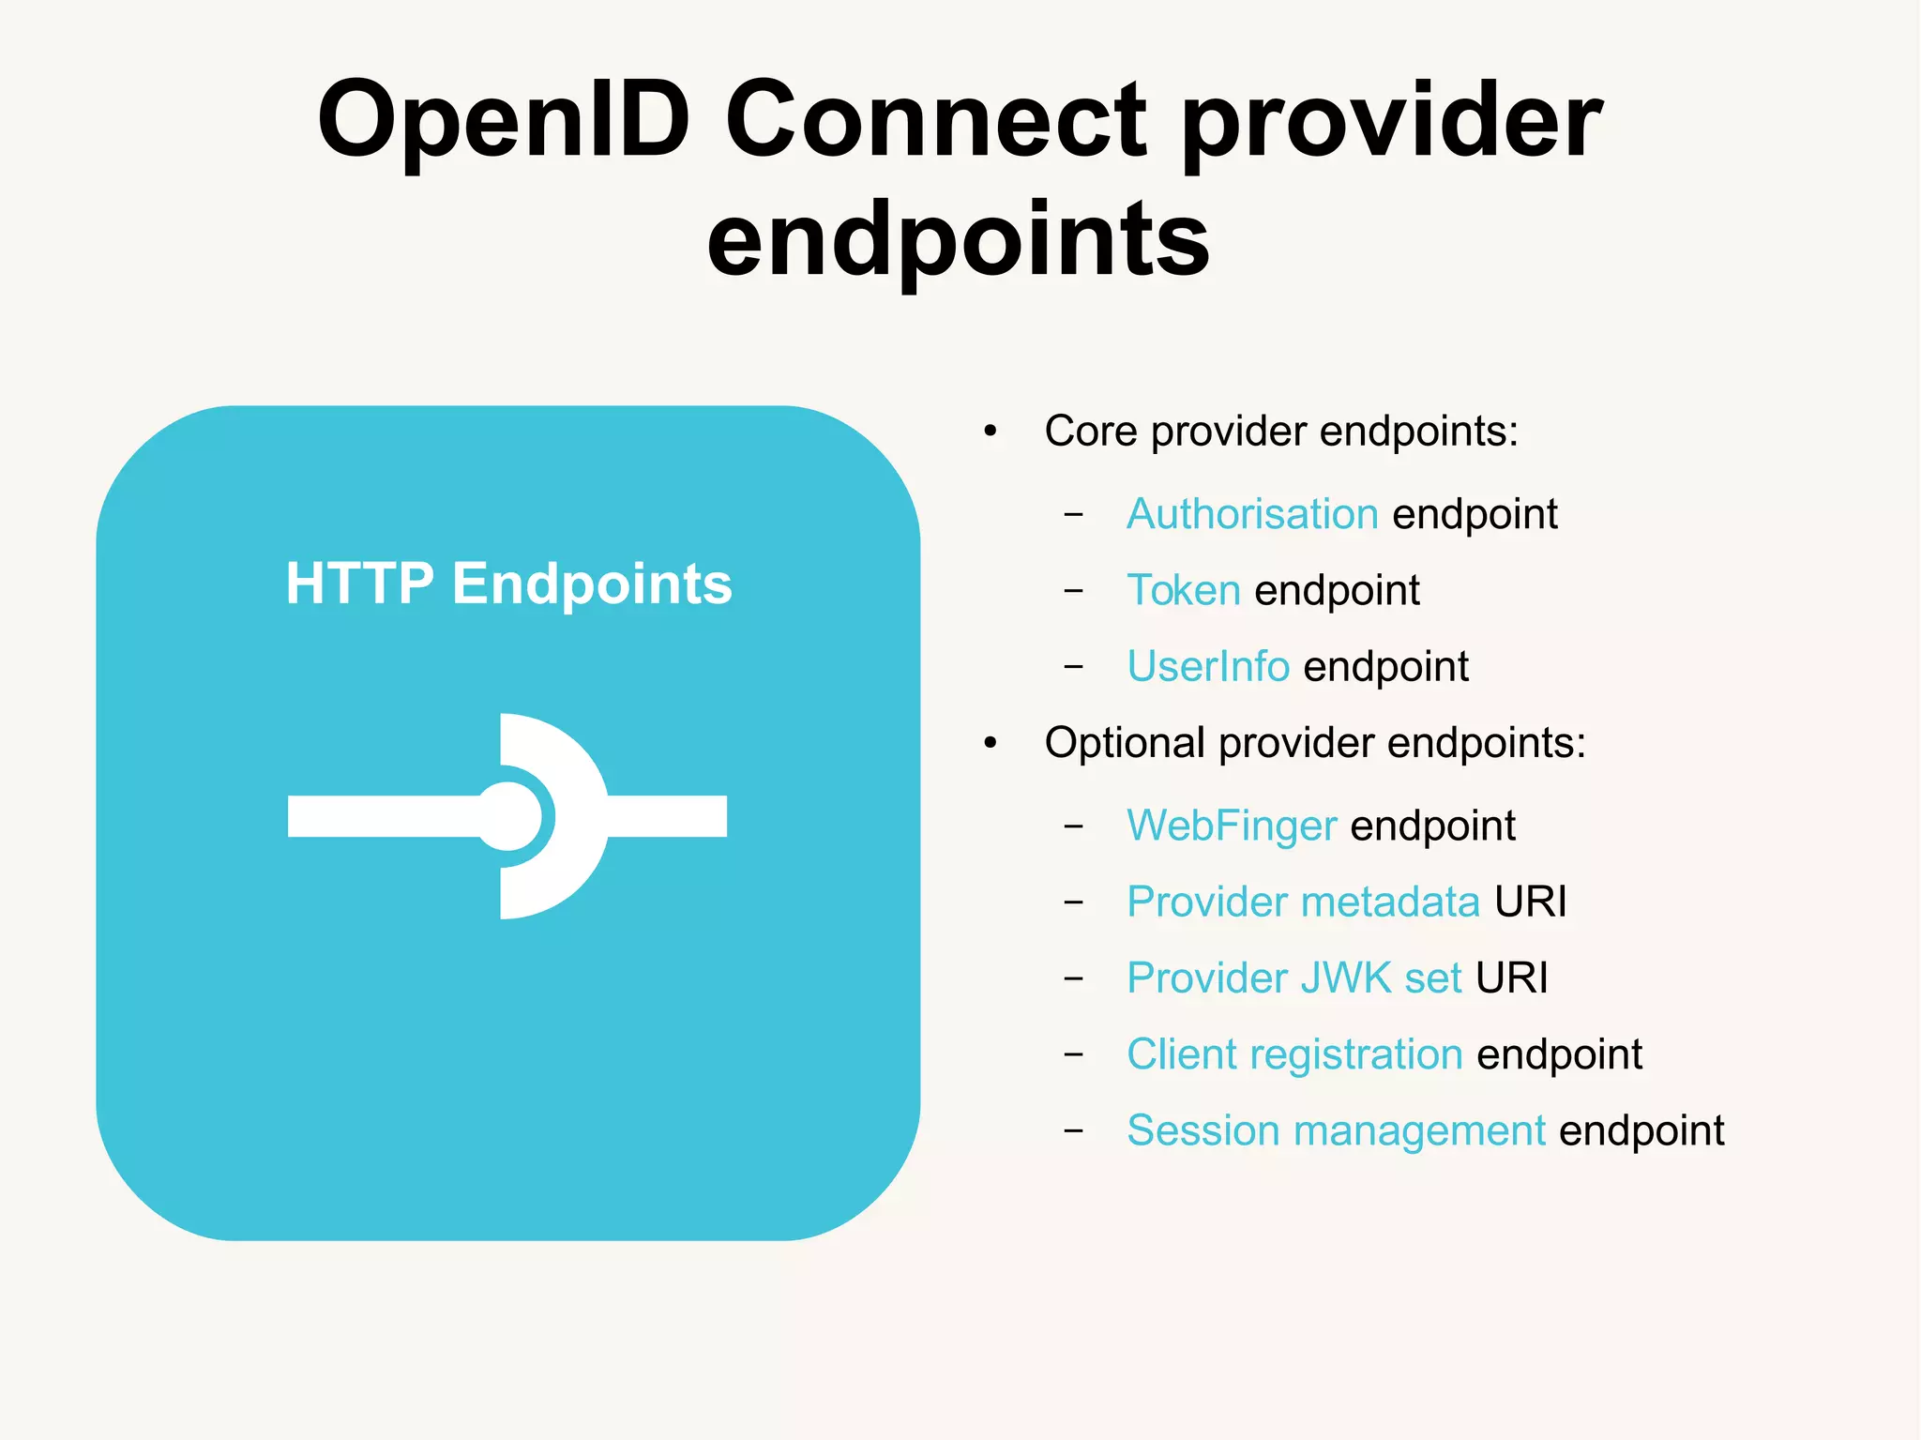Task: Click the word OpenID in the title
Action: pyautogui.click(x=504, y=121)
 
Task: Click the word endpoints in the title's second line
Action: pyautogui.click(x=958, y=241)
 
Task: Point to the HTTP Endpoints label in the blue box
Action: pyautogui.click(x=508, y=584)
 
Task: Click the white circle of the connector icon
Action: pyautogui.click(x=509, y=816)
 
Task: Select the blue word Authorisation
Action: pyautogui.click(x=1252, y=514)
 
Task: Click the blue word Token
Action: pyautogui.click(x=1184, y=590)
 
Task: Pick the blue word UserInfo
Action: pyautogui.click(x=1208, y=666)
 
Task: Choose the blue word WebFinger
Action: pyautogui.click(x=1232, y=826)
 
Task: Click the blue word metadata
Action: pyautogui.click(x=1390, y=902)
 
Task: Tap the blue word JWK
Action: pyautogui.click(x=1345, y=978)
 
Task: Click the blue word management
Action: pyautogui.click(x=1419, y=1130)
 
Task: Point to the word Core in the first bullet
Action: pyautogui.click(x=1091, y=432)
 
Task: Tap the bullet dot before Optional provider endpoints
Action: pyautogui.click(x=991, y=744)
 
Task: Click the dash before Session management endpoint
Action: pyautogui.click(x=1074, y=1130)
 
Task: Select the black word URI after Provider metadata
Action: pyautogui.click(x=1531, y=902)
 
